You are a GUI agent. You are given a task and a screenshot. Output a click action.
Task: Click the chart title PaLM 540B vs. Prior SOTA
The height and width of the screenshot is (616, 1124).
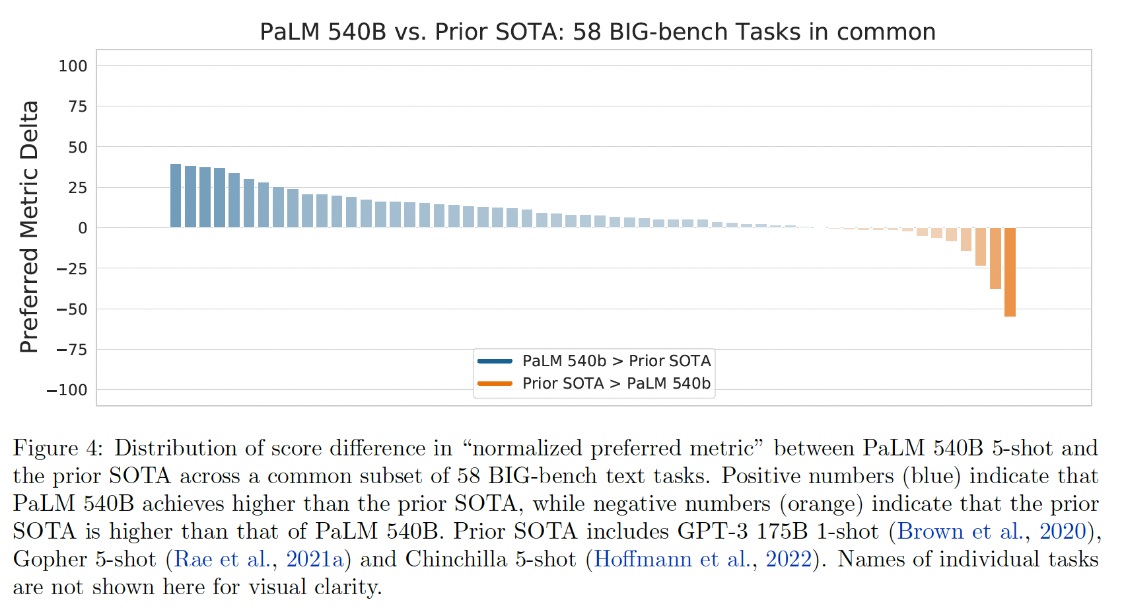(597, 32)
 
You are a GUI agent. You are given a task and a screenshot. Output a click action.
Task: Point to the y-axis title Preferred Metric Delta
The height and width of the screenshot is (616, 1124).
(29, 227)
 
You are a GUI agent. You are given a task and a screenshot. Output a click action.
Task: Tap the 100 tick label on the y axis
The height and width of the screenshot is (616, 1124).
(73, 66)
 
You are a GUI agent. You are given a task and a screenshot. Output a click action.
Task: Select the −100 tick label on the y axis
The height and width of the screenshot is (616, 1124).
(67, 390)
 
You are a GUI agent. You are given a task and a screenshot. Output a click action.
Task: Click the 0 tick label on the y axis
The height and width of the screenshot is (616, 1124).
(83, 228)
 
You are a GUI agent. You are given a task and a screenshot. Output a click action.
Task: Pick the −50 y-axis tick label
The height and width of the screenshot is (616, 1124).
(72, 309)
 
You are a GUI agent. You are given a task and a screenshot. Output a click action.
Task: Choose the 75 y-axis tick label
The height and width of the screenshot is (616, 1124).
(78, 106)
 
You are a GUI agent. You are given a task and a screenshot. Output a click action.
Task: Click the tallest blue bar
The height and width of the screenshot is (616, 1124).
(176, 196)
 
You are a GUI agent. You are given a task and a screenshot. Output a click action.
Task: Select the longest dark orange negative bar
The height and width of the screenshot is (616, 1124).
(1010, 272)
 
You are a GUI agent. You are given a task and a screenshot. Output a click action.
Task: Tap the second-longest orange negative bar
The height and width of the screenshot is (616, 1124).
(995, 258)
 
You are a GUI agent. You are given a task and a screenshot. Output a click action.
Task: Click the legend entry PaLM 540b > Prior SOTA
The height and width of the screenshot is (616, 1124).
(616, 361)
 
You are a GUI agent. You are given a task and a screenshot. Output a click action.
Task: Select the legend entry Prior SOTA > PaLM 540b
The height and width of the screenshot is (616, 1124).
(616, 383)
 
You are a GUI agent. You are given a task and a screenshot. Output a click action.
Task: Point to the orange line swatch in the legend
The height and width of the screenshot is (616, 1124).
(495, 383)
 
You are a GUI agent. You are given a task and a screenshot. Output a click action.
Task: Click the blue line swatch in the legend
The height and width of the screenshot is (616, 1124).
(495, 361)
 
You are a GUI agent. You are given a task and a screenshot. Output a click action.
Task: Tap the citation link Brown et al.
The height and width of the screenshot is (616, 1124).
(960, 531)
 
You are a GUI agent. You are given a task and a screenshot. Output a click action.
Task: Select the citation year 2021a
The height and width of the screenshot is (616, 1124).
(315, 559)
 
